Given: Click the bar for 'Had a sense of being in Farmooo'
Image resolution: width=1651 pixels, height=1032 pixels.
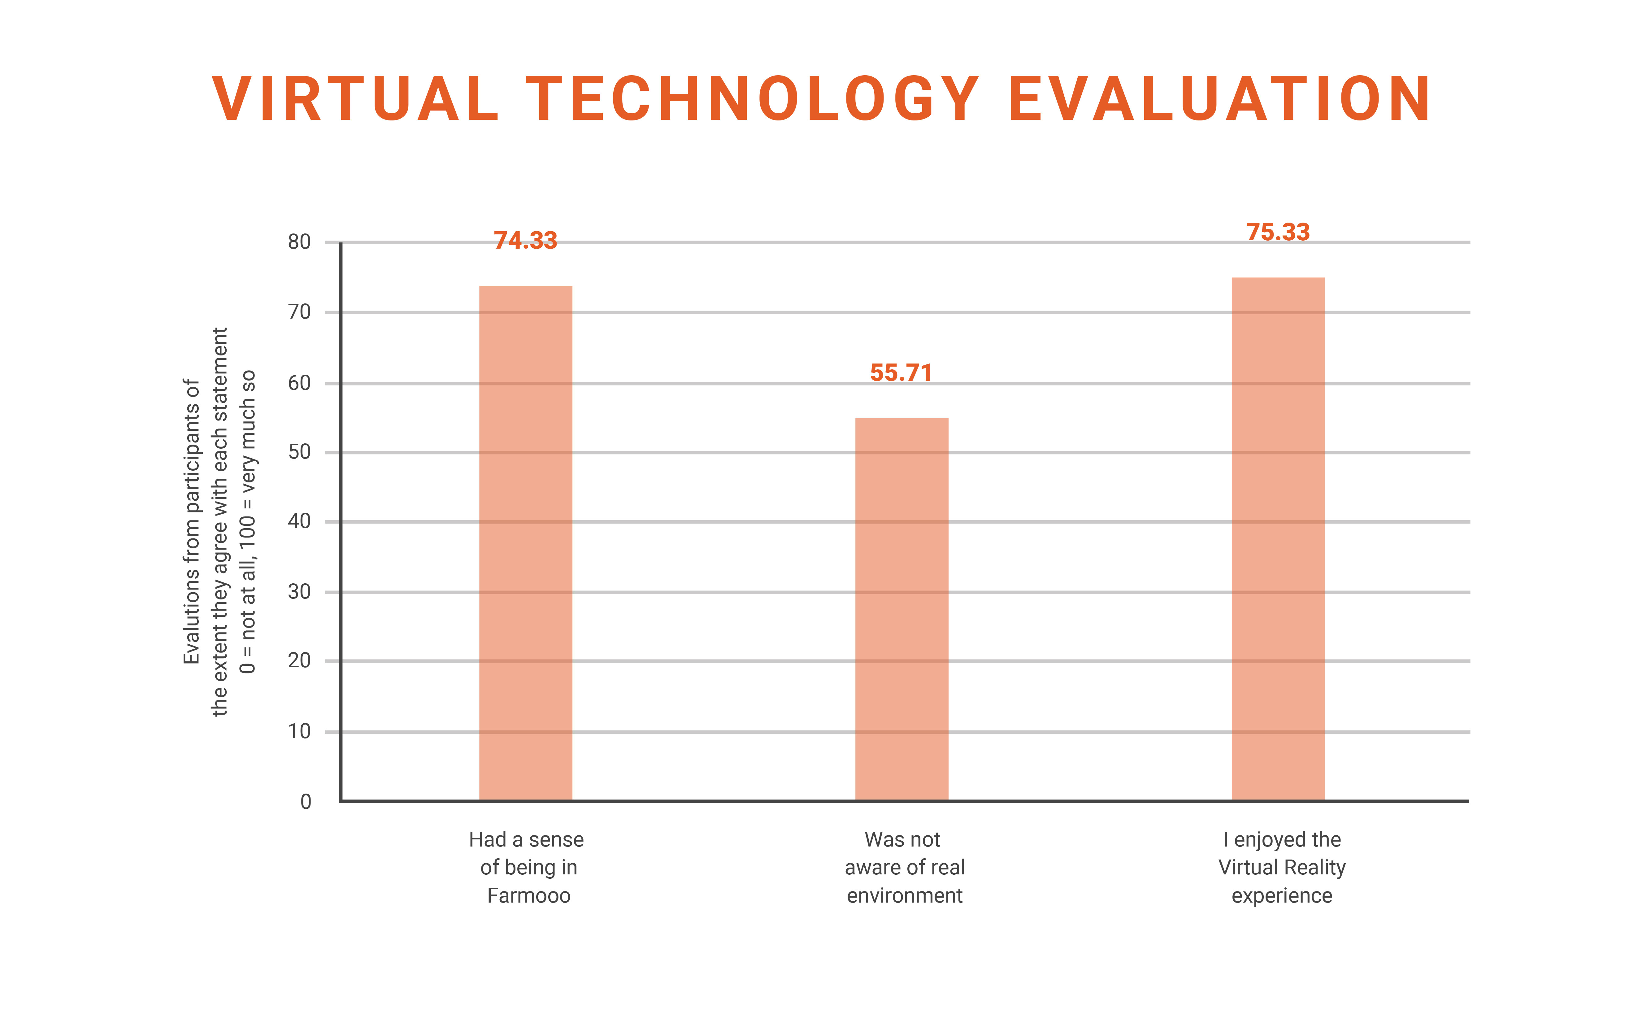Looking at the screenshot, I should [525, 542].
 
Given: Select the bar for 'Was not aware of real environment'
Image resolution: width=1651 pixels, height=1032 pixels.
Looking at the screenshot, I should [901, 609].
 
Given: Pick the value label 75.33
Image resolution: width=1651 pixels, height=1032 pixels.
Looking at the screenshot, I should [1278, 232].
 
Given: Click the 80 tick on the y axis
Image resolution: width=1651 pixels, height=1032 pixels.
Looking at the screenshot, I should [299, 242].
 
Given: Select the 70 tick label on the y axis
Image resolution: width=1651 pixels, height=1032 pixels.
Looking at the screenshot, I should [299, 312].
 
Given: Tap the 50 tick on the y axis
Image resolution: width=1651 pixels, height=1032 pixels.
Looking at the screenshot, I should [299, 452].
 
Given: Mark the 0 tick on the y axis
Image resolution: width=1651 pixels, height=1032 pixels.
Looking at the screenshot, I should [306, 801].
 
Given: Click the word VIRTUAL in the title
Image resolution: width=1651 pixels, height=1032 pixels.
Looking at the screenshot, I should [355, 100].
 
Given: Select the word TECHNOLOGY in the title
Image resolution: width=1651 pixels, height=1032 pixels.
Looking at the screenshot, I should [753, 100].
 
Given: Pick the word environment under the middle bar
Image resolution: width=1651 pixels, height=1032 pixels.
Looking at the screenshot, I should [904, 895].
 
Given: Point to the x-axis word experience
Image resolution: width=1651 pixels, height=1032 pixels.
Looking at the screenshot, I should [1281, 895].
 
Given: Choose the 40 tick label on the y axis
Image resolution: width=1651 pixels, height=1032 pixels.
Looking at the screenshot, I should [299, 521].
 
